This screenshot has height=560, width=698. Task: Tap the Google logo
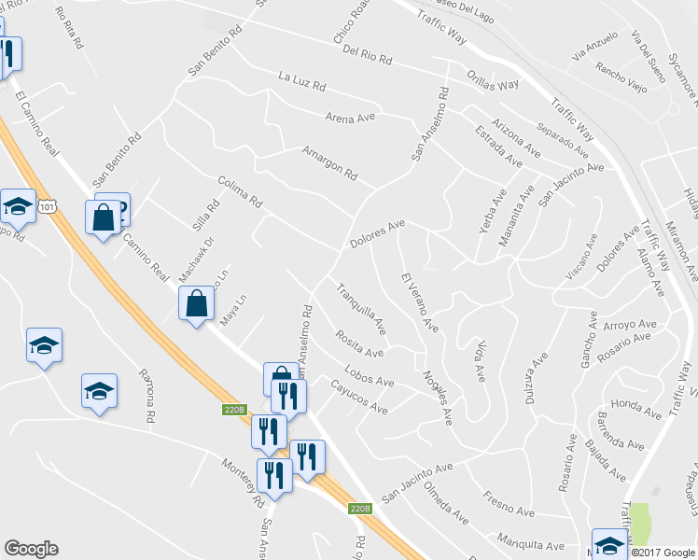click(x=31, y=549)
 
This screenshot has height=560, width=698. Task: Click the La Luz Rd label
click(x=301, y=81)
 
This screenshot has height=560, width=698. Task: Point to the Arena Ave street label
click(x=350, y=118)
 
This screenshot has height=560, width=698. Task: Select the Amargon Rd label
click(x=329, y=161)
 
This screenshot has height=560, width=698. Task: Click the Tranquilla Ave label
click(x=361, y=308)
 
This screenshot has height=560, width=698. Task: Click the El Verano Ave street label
click(x=419, y=301)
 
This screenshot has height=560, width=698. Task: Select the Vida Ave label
click(x=480, y=359)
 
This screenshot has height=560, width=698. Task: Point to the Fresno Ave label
click(x=509, y=504)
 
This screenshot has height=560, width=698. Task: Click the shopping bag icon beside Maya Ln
click(x=196, y=303)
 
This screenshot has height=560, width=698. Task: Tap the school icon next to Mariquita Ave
click(x=608, y=543)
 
